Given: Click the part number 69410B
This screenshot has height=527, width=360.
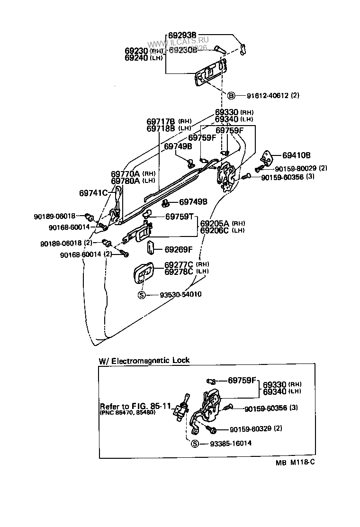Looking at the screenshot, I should click(x=297, y=155).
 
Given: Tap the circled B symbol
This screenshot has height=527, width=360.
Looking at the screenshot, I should click(x=232, y=95).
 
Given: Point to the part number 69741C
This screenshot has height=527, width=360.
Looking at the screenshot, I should click(x=94, y=193).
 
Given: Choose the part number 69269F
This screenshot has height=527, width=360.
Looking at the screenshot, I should click(x=179, y=249).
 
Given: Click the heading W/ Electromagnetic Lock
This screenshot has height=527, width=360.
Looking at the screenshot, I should click(x=144, y=360).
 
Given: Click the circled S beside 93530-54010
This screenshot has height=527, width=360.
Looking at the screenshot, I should click(x=141, y=294).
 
